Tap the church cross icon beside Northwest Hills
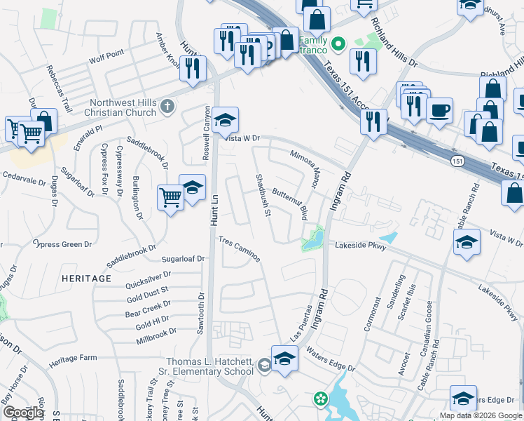coord(166,107)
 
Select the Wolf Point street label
coord(106,53)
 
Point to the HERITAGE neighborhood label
coord(86,279)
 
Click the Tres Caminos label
coord(240,249)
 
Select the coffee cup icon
coord(439,111)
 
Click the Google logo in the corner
coord(23,413)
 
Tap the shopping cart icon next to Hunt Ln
coord(170,197)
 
